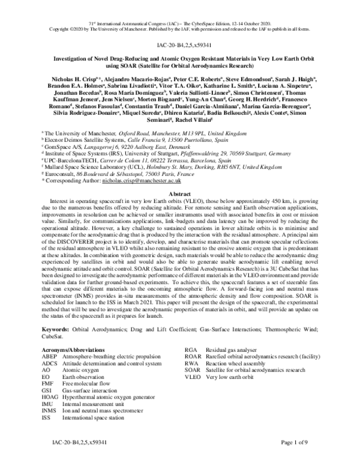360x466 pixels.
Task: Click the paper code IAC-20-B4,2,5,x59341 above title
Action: pyautogui.click(x=181, y=44)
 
